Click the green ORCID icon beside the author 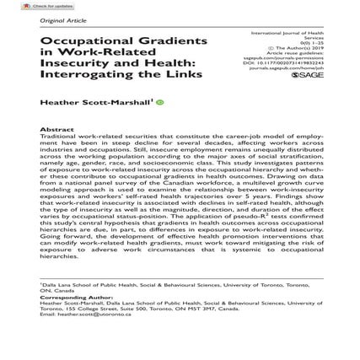coord(161,124)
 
